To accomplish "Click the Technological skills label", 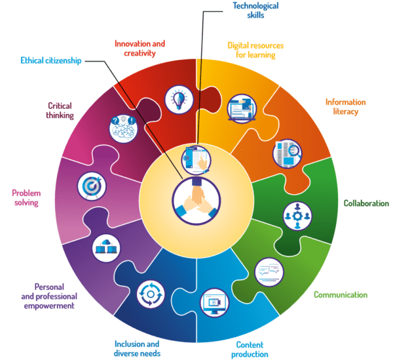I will point(255,10).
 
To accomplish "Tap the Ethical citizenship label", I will point(50,61).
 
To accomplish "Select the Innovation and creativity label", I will point(140,49).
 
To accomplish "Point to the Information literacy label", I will point(345,107).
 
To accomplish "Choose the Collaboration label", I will point(366,203).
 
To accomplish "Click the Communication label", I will point(341,294).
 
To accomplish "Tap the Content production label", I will point(250,349).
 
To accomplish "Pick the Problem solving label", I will point(26,197).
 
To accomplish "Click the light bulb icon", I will point(178,99).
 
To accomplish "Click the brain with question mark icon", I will point(122,127).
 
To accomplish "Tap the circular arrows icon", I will point(150,294).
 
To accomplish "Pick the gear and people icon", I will point(297,216).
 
